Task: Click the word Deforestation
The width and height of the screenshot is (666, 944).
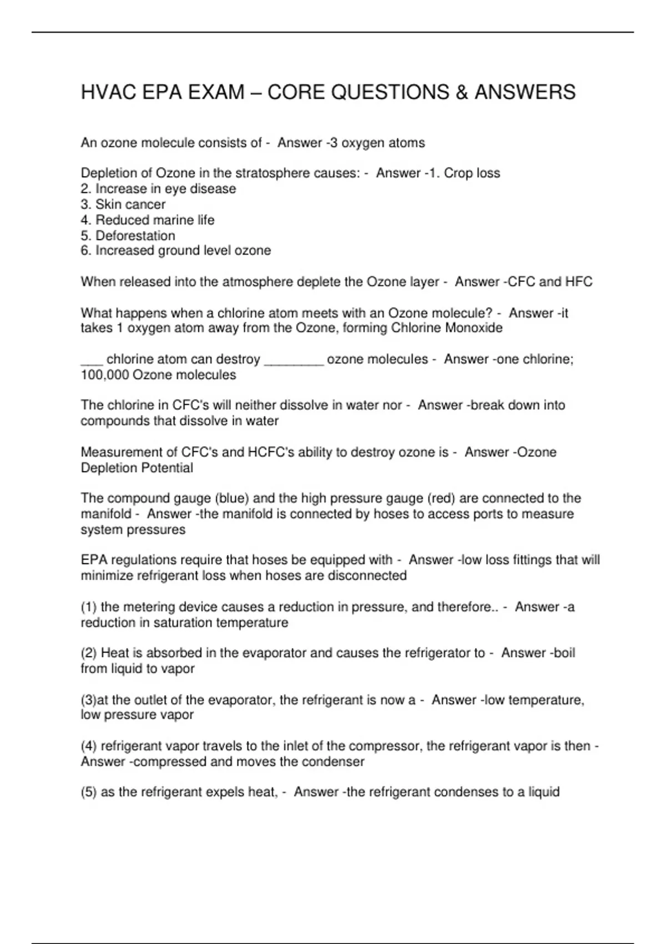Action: pyautogui.click(x=135, y=235)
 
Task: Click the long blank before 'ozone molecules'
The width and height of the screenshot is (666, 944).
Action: pyautogui.click(x=294, y=360)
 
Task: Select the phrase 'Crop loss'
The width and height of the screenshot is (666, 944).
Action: pyautogui.click(x=472, y=173)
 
